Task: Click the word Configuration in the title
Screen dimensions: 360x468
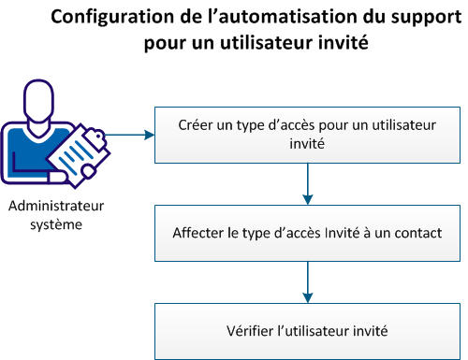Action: tap(110, 17)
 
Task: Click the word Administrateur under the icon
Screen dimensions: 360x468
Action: tap(56, 207)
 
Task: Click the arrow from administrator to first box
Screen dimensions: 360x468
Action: tap(131, 134)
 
